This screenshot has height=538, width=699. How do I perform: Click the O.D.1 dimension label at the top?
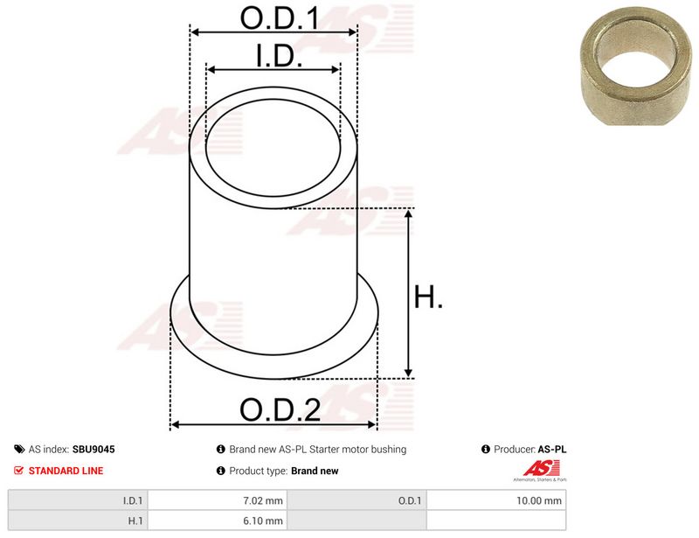tap(280, 18)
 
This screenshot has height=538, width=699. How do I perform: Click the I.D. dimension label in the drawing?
tap(279, 56)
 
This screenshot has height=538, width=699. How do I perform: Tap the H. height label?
tap(428, 297)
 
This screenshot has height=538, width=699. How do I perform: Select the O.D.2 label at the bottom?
tap(280, 409)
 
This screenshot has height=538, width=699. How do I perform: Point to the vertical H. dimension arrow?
tap(408, 293)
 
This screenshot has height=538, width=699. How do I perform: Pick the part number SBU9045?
tap(93, 449)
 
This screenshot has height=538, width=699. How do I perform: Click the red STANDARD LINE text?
tap(66, 471)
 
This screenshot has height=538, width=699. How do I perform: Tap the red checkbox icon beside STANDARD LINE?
tap(18, 470)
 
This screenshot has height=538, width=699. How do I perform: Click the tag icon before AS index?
tap(19, 449)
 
